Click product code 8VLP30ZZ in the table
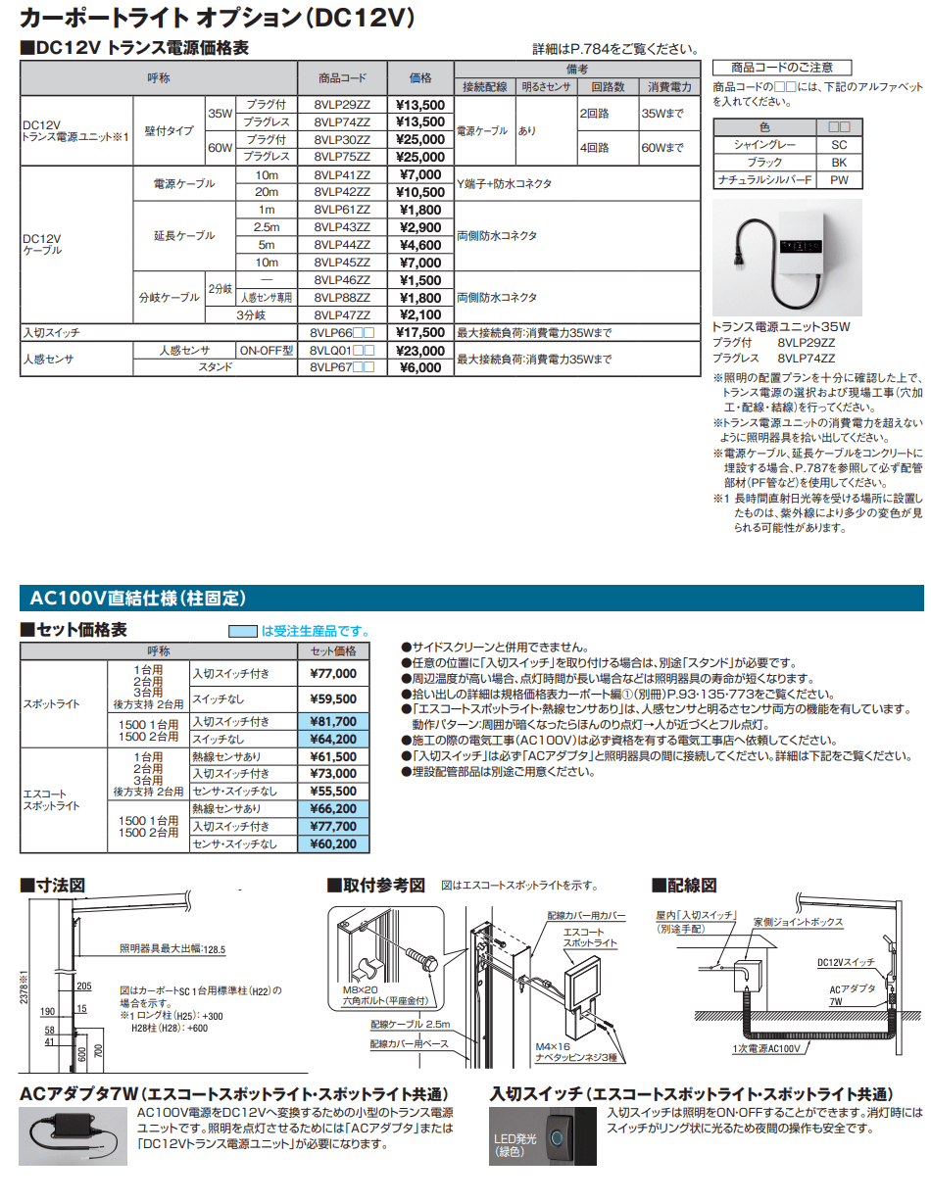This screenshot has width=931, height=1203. click(x=342, y=140)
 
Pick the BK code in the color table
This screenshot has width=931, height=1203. click(x=839, y=163)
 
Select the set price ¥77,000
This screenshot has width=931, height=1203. click(x=333, y=673)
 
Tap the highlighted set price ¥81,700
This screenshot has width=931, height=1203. click(x=333, y=721)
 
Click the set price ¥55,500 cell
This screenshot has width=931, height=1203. click(x=333, y=791)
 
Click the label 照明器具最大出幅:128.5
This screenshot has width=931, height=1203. click(x=172, y=949)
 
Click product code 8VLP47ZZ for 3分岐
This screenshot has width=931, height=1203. click(x=342, y=314)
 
